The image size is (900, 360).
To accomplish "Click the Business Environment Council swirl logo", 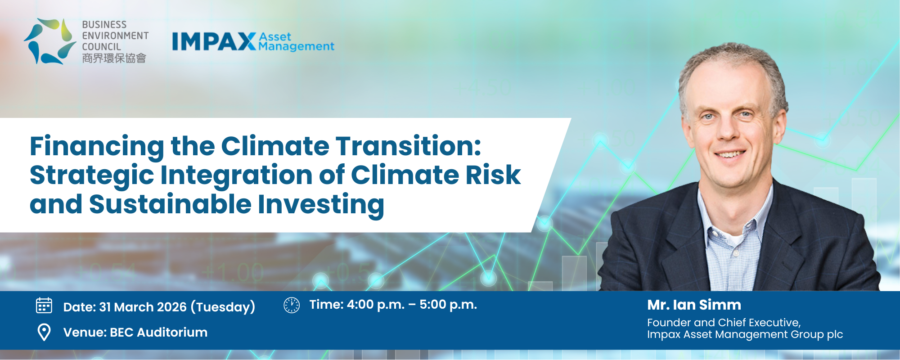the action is (x=50, y=41).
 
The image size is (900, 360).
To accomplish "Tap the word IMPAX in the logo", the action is (x=214, y=41).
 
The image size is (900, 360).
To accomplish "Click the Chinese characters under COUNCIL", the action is (x=114, y=58).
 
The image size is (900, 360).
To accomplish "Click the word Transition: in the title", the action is (x=409, y=146).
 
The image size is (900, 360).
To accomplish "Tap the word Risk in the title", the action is (x=493, y=175).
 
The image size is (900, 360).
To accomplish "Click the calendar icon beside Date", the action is (x=44, y=306).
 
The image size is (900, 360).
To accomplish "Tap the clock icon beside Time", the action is (x=292, y=305).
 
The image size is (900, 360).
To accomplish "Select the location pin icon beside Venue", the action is (x=44, y=333).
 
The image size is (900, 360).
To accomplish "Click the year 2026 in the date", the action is (x=172, y=307).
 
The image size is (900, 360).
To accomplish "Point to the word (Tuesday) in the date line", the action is (x=223, y=307).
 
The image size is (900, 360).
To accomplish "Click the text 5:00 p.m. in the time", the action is (x=448, y=305).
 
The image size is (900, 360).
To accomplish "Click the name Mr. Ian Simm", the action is (x=694, y=305).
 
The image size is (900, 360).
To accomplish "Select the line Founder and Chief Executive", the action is (x=724, y=323).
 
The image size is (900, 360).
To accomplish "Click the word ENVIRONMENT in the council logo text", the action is (x=115, y=36).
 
